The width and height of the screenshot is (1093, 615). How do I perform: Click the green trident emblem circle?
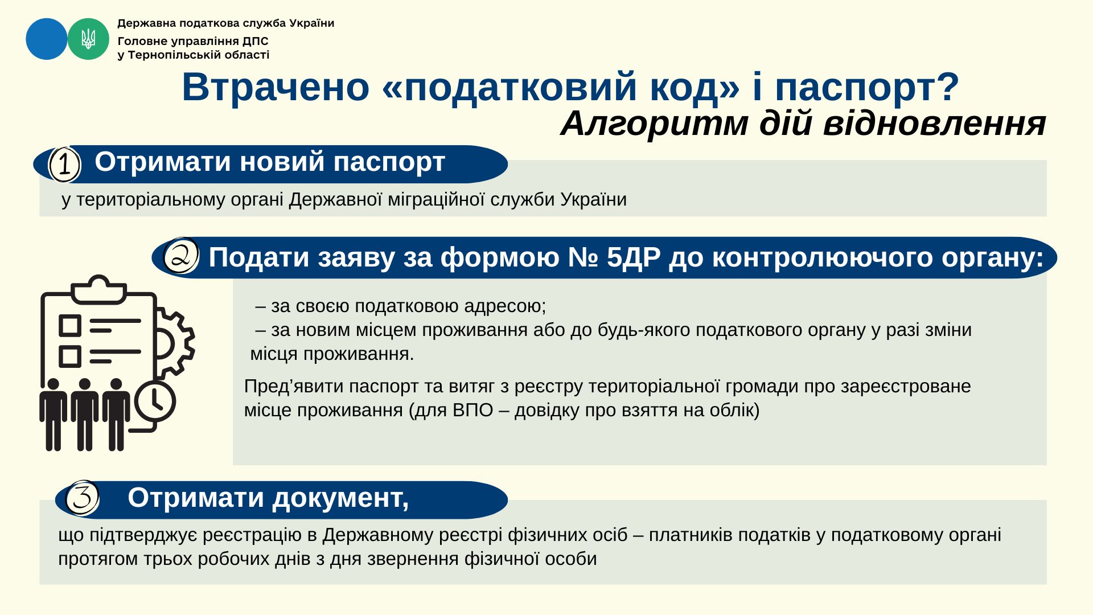(88, 39)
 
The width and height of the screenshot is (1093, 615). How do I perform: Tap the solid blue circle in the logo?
(47, 39)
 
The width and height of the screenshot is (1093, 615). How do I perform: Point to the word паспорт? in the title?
(867, 87)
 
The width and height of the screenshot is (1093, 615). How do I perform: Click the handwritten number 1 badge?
(65, 165)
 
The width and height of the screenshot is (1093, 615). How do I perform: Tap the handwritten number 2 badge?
(181, 256)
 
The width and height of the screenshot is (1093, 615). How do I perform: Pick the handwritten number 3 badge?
(83, 498)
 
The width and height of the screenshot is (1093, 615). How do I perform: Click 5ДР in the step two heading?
(634, 257)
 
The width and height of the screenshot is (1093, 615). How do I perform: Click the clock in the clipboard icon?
(155, 402)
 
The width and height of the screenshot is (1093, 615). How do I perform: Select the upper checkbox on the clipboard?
(70, 326)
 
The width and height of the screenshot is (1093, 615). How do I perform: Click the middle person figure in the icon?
(85, 415)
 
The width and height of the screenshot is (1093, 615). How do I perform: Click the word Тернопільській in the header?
(178, 55)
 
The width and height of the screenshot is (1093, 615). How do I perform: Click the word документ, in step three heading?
(340, 498)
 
